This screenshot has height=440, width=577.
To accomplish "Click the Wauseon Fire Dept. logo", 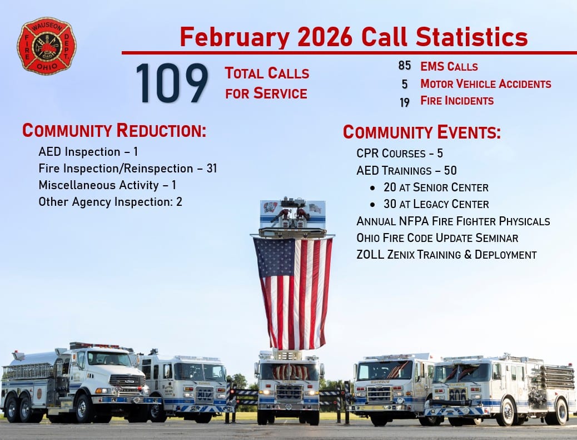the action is coord(47,46).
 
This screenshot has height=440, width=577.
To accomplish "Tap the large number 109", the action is coord(172,83).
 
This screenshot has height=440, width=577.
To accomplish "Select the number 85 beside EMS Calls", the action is coord(405,66).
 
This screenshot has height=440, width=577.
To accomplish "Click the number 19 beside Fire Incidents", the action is coord(405,102).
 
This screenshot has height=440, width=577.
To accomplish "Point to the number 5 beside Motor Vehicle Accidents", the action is coord(405,85).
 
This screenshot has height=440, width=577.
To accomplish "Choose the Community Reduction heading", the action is coord(114,130).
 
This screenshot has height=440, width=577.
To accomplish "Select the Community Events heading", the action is coord(422,132).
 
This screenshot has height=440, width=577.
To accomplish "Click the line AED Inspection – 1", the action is coord(88,152).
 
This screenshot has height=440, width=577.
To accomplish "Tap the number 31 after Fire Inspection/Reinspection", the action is coord(212,168).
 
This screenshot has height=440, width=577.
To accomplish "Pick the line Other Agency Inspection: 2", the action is coord(111,202).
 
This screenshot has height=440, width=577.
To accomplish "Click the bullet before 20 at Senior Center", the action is coord(373,188).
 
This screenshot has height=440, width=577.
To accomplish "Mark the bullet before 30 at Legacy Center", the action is coord(373,205).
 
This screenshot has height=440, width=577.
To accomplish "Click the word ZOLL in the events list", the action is coord(370,254).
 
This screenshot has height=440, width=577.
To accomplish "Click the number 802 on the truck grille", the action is coord(205,394).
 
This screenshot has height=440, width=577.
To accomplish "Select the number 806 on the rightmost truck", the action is coord(457,394).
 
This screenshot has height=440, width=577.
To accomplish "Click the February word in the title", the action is coord(235,38).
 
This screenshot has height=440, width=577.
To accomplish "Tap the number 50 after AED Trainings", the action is coord(450,170).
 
